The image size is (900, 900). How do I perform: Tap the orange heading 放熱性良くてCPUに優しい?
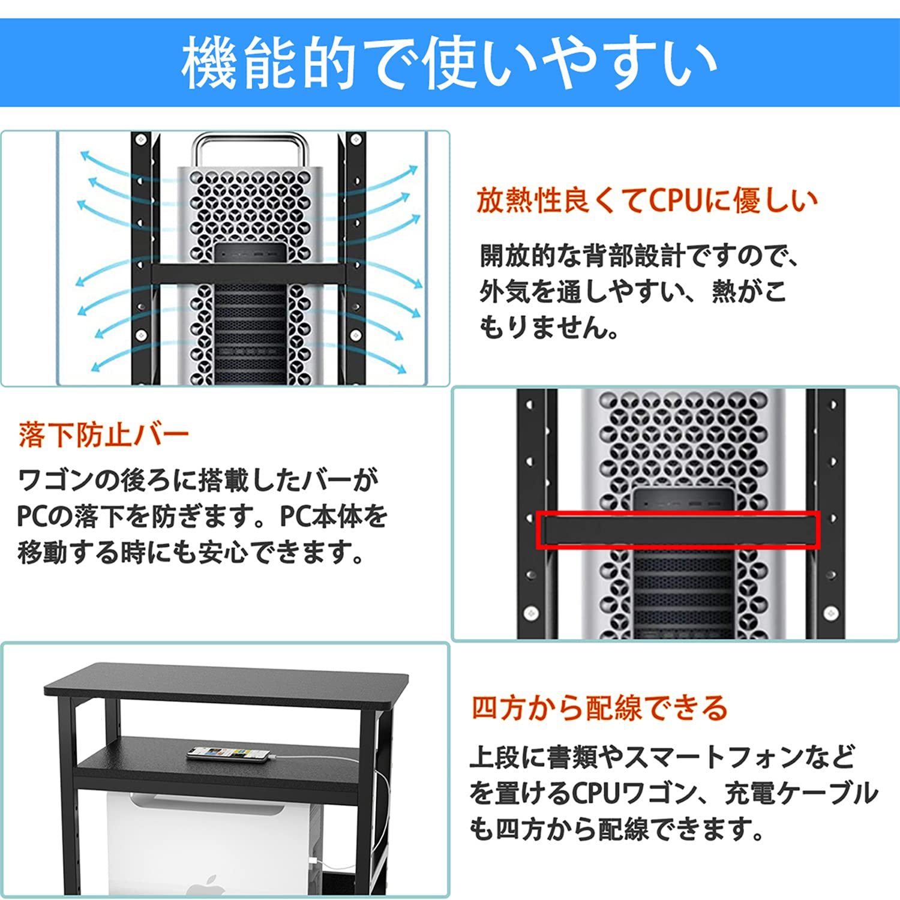[x=647, y=200]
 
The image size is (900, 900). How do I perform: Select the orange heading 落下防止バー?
[x=104, y=435]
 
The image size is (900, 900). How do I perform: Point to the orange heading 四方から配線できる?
[x=599, y=708]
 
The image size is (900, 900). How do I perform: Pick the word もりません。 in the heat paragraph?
[x=549, y=328]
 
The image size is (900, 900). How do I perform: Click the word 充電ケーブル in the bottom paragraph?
[x=801, y=793]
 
